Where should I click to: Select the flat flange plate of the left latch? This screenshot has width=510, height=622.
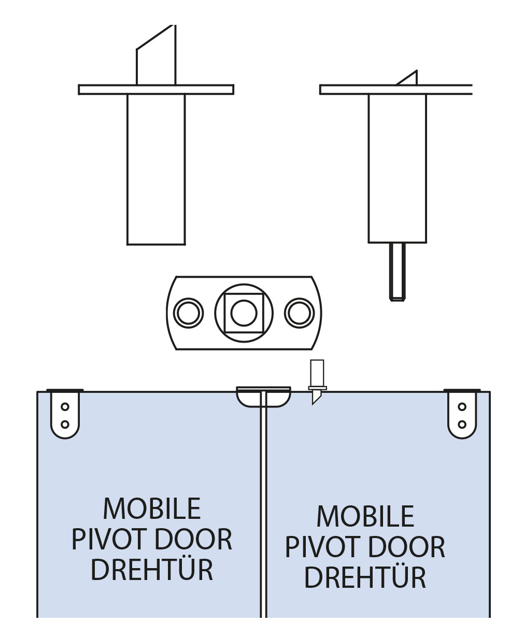(x=155, y=90)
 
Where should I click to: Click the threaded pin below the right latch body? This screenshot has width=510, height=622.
(x=398, y=271)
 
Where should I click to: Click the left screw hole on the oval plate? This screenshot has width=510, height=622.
(x=188, y=313)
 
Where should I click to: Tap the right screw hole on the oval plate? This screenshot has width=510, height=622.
(x=299, y=313)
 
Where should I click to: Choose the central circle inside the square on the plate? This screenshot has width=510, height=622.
(x=244, y=313)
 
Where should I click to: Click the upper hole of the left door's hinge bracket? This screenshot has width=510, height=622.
(x=65, y=407)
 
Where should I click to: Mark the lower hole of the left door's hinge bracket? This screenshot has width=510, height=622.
(x=65, y=424)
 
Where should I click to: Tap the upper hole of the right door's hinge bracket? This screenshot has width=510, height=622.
(x=462, y=407)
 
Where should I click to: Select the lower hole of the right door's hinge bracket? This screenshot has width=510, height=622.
(x=462, y=424)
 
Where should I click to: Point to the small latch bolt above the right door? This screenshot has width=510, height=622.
(x=317, y=381)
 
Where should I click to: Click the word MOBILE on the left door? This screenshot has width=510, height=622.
(x=151, y=509)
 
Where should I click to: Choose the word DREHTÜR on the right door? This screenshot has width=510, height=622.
(x=365, y=577)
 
